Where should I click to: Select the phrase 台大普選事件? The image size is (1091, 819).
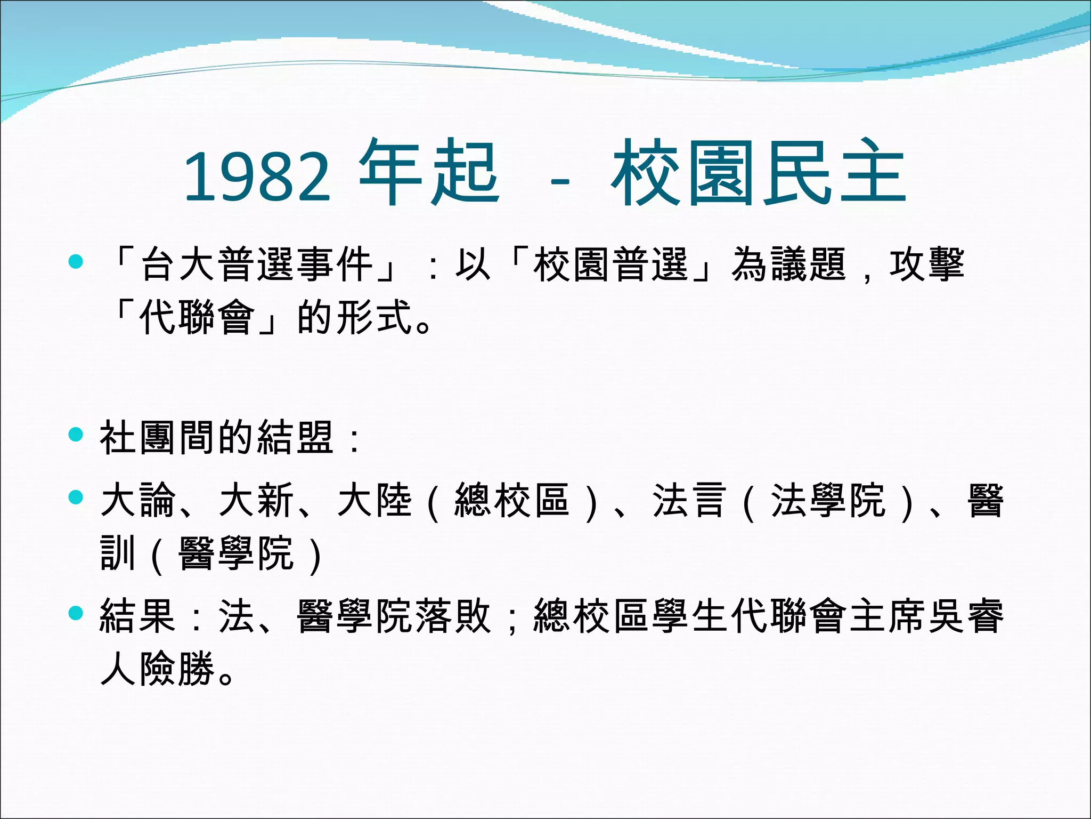click(257, 264)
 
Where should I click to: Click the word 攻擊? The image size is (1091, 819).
click(927, 264)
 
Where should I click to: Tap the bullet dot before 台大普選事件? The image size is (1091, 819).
click(77, 261)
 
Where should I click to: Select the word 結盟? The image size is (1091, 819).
click(296, 437)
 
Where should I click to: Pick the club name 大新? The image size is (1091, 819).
click(257, 500)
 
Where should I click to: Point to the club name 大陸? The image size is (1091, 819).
click(375, 500)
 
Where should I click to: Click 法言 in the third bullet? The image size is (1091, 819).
click(690, 500)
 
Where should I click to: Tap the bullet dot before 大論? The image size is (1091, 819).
click(77, 497)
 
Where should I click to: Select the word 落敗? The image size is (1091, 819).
click(453, 616)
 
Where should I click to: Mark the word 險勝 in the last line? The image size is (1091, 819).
click(178, 669)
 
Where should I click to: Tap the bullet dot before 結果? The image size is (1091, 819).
click(77, 613)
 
